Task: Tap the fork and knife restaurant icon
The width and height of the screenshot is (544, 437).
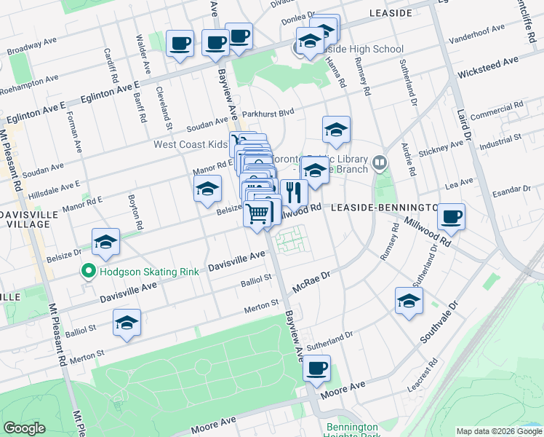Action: tap(294, 193)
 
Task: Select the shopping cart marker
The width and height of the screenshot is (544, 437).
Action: tap(258, 214)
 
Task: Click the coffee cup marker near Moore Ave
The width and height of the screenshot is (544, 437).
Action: tap(316, 369)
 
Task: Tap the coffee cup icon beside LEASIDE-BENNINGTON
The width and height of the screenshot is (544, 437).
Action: tap(451, 216)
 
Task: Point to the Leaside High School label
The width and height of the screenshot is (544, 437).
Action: tap(363, 50)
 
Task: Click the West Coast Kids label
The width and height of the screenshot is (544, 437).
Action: tap(191, 144)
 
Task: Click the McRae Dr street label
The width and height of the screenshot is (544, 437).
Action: tap(311, 281)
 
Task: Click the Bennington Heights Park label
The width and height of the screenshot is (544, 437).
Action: tap(353, 430)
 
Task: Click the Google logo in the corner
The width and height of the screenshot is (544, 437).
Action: tap(24, 428)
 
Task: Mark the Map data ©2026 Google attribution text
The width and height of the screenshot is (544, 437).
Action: tap(499, 431)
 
